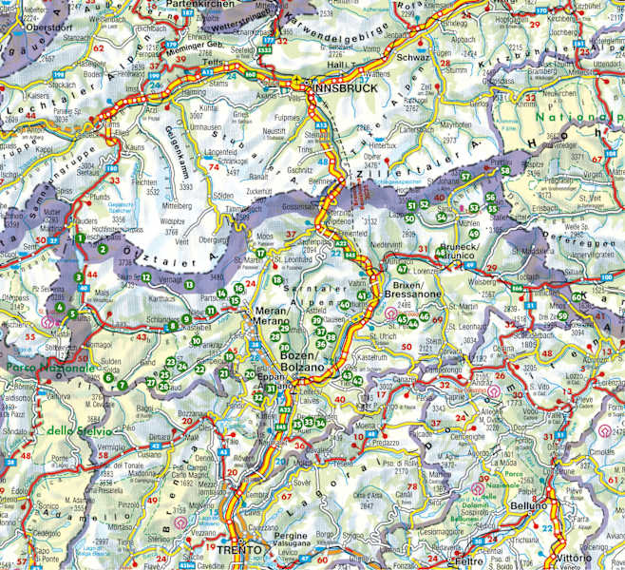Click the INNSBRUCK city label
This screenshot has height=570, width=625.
click(345, 87)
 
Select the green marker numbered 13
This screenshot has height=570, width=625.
click(190, 285)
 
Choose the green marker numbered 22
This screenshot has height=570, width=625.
click(199, 369)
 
